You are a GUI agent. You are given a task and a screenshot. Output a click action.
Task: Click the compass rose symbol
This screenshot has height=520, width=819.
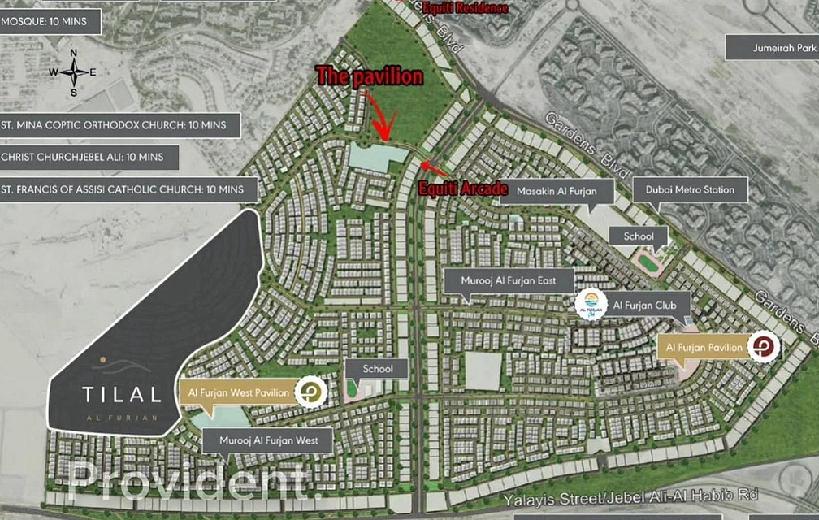coord(73,72)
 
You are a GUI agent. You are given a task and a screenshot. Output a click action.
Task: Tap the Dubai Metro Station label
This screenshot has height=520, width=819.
coord(684,190)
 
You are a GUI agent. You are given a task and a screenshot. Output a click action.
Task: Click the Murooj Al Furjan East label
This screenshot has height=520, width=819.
coord(509,281)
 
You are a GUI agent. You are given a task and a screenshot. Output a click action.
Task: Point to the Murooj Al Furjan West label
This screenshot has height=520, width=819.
coord(266,442)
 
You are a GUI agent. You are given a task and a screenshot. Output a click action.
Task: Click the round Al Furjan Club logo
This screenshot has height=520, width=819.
coord(591,305)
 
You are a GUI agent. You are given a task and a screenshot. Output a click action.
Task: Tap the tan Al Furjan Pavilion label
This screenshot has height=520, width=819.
coord(704,348)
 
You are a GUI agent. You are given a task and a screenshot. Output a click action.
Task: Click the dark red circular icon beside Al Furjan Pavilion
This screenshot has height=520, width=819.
coord(765,348)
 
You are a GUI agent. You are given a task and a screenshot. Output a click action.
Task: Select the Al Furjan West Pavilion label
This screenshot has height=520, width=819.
coord(238,392)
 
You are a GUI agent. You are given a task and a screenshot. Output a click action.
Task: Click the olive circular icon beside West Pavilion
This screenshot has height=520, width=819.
coord(310,392)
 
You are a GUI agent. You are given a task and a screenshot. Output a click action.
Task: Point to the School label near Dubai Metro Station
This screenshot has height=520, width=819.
coord(639,236)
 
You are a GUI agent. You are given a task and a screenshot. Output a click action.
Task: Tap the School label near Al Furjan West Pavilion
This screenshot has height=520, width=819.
coord(378,369)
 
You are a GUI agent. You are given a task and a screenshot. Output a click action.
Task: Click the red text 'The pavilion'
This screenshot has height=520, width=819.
coord(370,77)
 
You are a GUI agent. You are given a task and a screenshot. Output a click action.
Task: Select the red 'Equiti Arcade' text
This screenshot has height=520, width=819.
coord(463,188)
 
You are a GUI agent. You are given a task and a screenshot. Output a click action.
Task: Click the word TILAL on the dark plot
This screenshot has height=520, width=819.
coord(121,395)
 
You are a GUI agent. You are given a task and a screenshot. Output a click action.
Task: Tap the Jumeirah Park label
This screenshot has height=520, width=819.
coord(772,48)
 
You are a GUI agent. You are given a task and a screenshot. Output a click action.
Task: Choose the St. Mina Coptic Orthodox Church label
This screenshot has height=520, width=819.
coord(120,126)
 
